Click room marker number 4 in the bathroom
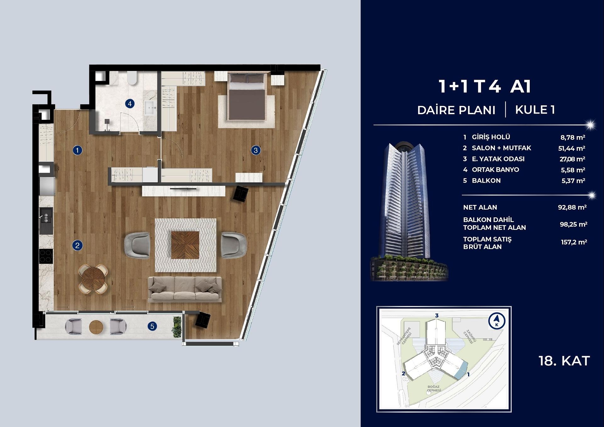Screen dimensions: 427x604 pyautogui.click(x=130, y=103)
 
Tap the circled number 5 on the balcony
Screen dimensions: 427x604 pyautogui.click(x=152, y=326)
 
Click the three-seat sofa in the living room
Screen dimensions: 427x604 pyautogui.click(x=185, y=289)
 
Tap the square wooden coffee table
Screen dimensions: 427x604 pyautogui.click(x=185, y=245)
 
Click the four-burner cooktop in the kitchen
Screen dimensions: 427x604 pyautogui.click(x=46, y=256)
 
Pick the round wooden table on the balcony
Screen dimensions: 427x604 pyautogui.click(x=96, y=327)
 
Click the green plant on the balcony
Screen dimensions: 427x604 pyautogui.click(x=177, y=327)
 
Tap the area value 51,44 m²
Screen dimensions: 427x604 pyautogui.click(x=571, y=148)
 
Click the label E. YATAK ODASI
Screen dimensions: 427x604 pyautogui.click(x=498, y=159)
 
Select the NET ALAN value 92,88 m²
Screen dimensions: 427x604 pyautogui.click(x=572, y=208)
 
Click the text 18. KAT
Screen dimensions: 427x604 pyautogui.click(x=564, y=361)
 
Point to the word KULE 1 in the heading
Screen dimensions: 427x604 pyautogui.click(x=535, y=110)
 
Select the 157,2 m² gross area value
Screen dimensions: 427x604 pyautogui.click(x=573, y=242)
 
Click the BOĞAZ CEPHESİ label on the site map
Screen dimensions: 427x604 pyautogui.click(x=433, y=389)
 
